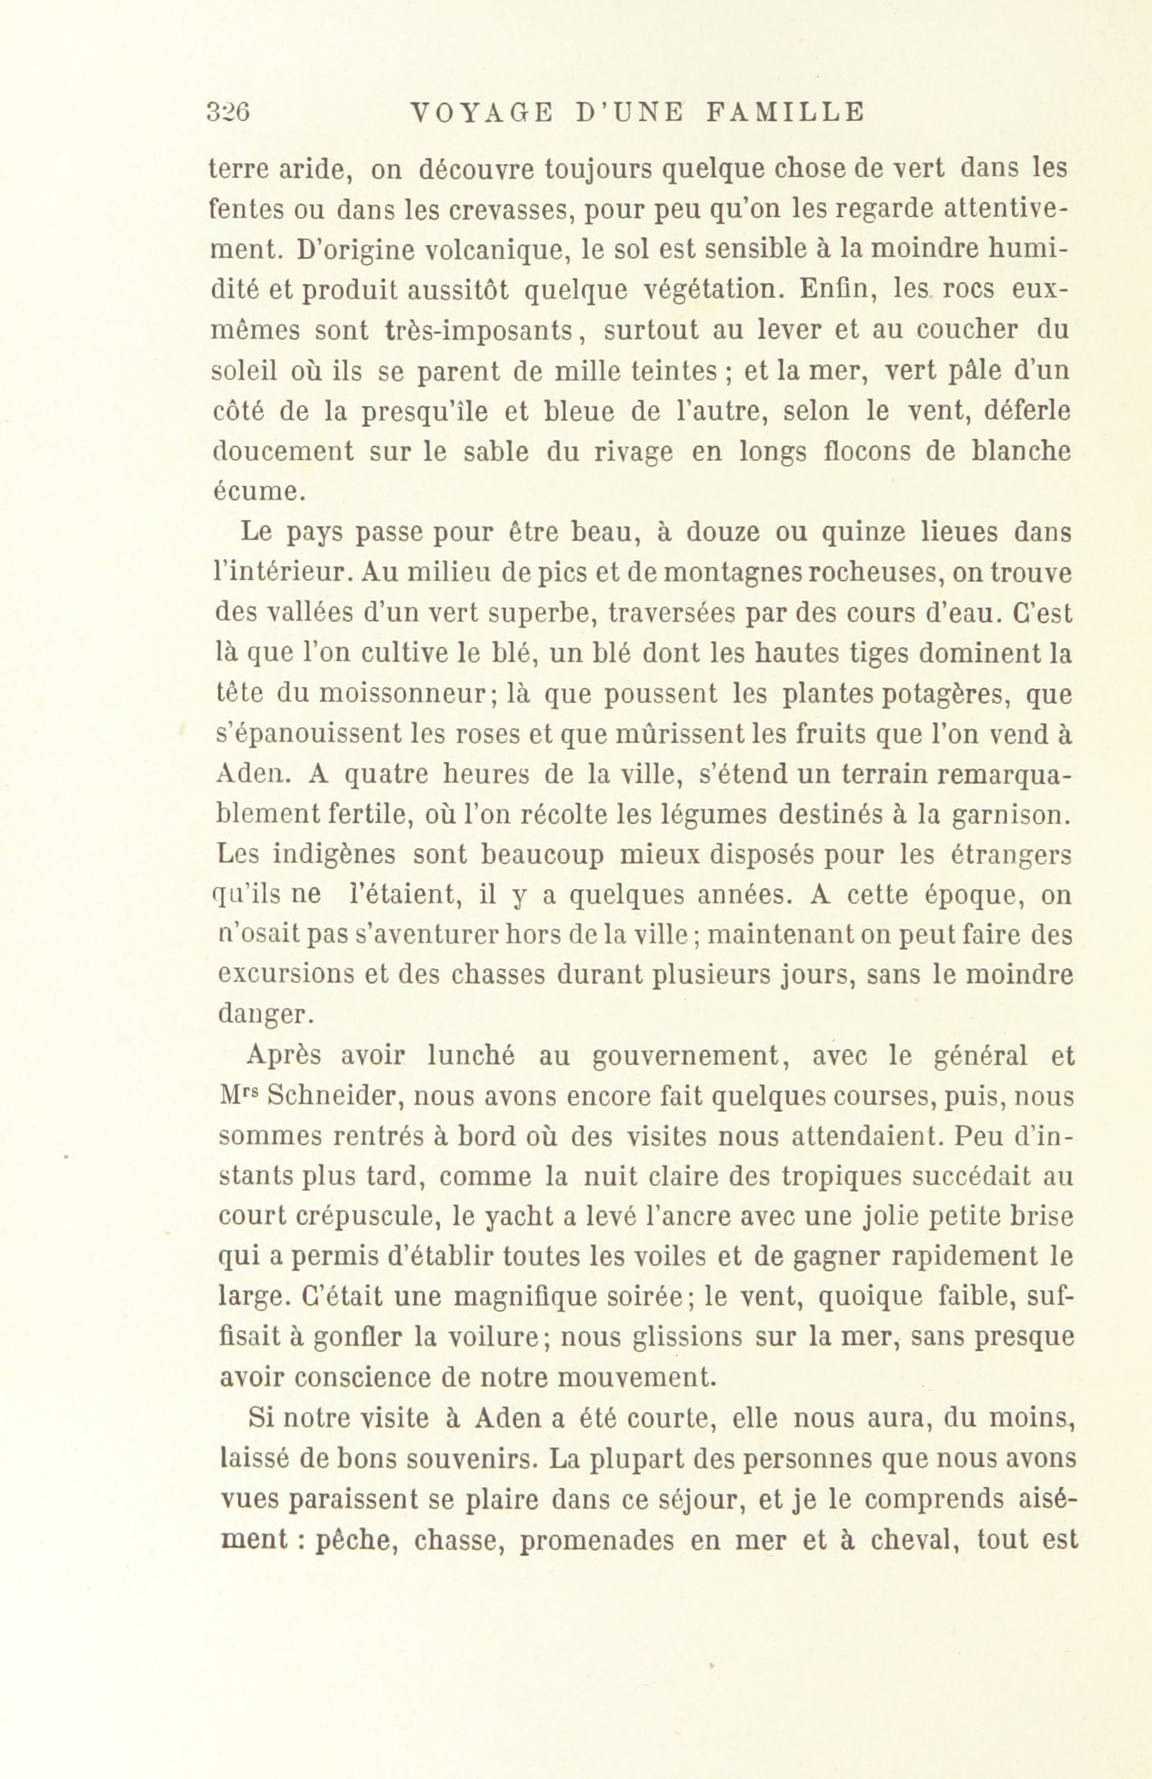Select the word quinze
(871, 532)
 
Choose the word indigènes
(336, 855)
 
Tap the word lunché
(476, 1056)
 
